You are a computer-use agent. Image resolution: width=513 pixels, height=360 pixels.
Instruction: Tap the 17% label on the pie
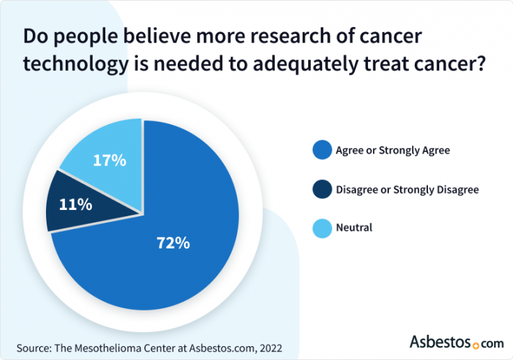[x=109, y=160]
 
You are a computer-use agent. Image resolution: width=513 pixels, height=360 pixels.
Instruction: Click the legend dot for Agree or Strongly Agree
[x=321, y=149]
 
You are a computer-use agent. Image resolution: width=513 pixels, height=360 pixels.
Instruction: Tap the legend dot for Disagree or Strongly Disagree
[x=321, y=188]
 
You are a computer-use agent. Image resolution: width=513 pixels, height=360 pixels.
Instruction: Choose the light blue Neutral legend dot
[x=321, y=227]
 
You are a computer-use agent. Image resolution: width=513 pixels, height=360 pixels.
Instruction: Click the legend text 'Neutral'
[x=354, y=227]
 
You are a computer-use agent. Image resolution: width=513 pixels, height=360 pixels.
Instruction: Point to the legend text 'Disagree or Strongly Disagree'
[x=407, y=188]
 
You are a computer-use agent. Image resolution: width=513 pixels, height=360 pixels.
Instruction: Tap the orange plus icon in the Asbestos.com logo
[x=476, y=345]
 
